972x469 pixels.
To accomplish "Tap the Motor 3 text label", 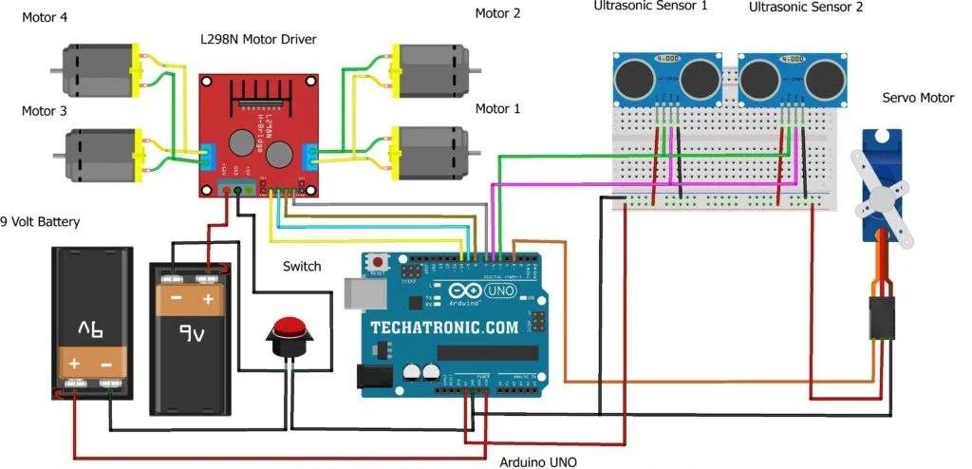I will coord(44,111).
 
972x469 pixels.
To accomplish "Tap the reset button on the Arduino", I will coord(380,261).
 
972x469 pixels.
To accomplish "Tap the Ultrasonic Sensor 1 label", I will coord(651,7).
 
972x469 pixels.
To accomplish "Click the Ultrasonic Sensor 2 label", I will coord(806,7).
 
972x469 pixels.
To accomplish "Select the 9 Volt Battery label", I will coord(40,222).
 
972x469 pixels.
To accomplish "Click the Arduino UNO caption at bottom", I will coord(537,462).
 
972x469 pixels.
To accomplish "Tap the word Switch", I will coord(302,267).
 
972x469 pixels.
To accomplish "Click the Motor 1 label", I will coord(497,109).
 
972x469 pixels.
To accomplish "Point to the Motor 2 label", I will coord(497,13).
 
